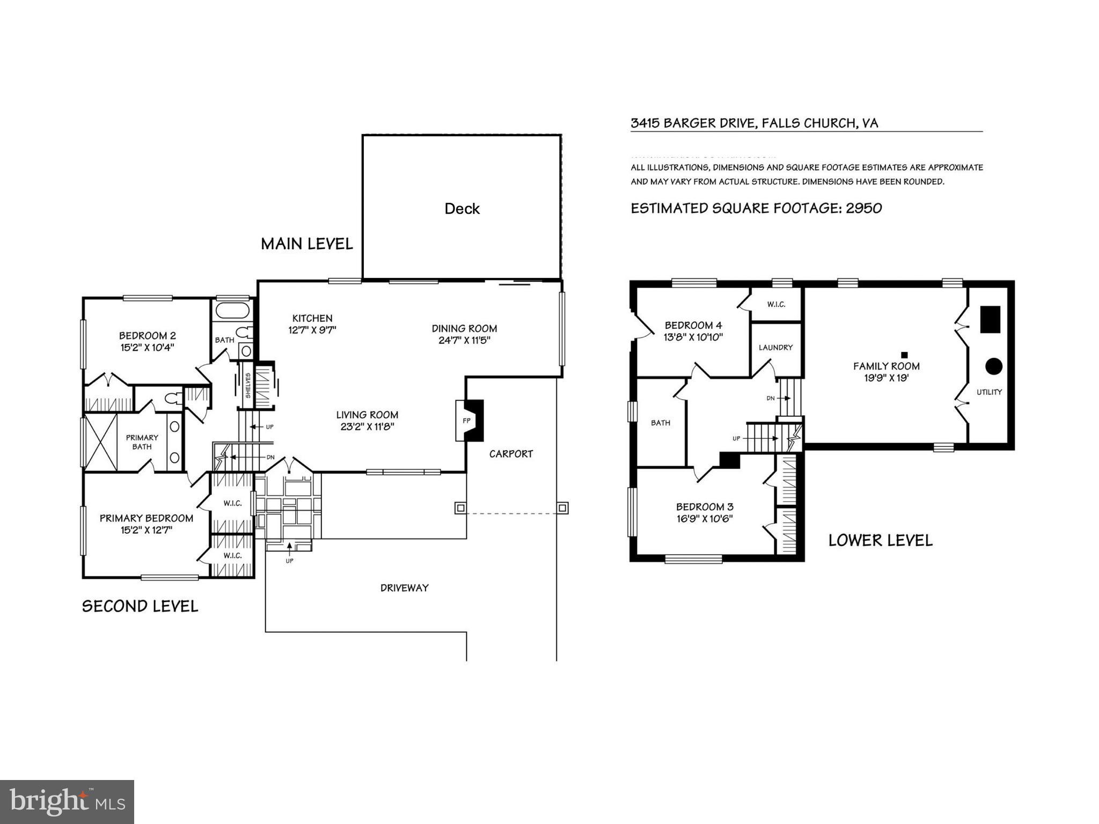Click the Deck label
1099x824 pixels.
[461, 209]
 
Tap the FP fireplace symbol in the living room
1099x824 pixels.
[466, 421]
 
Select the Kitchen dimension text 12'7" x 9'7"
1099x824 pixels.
[312, 330]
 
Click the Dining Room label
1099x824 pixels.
[464, 328]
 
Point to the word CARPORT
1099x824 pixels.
[511, 454]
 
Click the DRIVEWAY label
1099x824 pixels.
[404, 588]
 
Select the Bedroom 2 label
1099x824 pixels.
[147, 336]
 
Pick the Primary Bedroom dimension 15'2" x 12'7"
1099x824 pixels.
[146, 531]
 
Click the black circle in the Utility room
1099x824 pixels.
[993, 366]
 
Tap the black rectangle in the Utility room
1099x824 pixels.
[990, 320]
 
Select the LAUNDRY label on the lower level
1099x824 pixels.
[775, 348]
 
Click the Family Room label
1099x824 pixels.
[886, 366]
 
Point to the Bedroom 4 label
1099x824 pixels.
[693, 325]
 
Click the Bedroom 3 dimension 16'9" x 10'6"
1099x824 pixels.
[705, 519]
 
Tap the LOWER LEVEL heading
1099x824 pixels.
[880, 540]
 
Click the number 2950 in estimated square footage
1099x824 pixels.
[863, 208]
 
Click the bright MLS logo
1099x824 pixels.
[67, 801]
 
